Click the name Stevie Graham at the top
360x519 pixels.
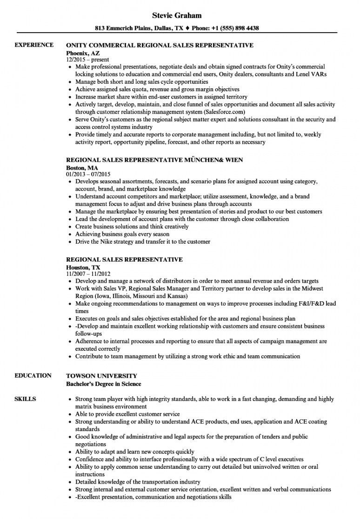pos(180,16)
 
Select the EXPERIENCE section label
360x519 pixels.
pos(34,45)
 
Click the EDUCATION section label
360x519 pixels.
pos(33,375)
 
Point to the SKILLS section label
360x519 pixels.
pos(24,399)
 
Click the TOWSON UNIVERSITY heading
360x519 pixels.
pos(101,375)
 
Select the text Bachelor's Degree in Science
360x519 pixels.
pos(103,384)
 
